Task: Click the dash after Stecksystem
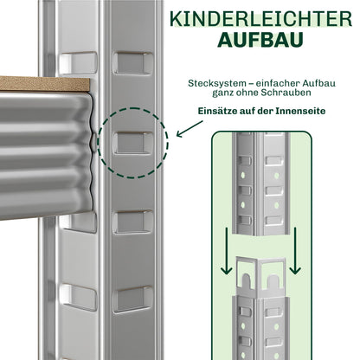click(251, 83)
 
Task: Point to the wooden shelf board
click(43, 85)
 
